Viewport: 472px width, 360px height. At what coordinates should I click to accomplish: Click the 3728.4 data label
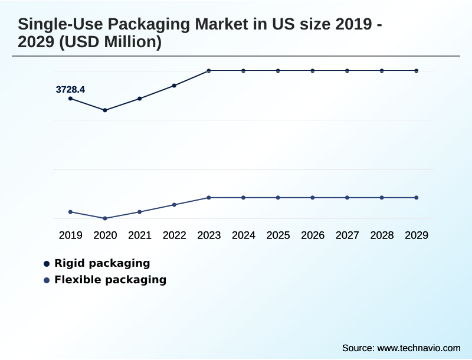pyautogui.click(x=70, y=90)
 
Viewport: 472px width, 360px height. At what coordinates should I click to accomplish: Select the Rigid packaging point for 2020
pyautogui.click(x=105, y=110)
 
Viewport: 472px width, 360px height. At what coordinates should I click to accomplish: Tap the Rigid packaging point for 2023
pyautogui.click(x=209, y=71)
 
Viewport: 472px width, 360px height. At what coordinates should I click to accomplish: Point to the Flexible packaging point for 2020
pyautogui.click(x=105, y=218)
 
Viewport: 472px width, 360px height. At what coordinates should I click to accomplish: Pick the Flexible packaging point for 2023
pyautogui.click(x=209, y=198)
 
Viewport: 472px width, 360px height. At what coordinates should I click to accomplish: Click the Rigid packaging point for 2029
pyautogui.click(x=417, y=71)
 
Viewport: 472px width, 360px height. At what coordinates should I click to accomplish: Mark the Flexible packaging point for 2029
pyautogui.click(x=417, y=198)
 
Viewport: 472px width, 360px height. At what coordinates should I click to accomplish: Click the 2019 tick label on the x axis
pyautogui.click(x=70, y=235)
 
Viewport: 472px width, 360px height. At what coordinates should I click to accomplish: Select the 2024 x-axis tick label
pyautogui.click(x=243, y=235)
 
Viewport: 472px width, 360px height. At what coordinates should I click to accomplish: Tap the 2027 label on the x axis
pyautogui.click(x=347, y=235)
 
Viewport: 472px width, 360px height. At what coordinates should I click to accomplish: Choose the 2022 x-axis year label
pyautogui.click(x=174, y=235)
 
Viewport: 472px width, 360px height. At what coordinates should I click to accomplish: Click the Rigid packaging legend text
pyautogui.click(x=102, y=263)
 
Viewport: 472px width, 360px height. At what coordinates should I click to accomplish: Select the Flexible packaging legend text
pyautogui.click(x=110, y=280)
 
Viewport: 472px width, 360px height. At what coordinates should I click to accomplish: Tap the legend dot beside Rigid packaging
pyautogui.click(x=47, y=264)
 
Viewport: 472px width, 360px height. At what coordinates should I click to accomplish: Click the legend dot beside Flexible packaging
pyautogui.click(x=47, y=280)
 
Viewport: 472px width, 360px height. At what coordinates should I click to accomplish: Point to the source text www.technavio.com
pyautogui.click(x=418, y=348)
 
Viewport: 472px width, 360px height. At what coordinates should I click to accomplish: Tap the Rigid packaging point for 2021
pyautogui.click(x=140, y=99)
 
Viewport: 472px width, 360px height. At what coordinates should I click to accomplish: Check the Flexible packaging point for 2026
pyautogui.click(x=313, y=198)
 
